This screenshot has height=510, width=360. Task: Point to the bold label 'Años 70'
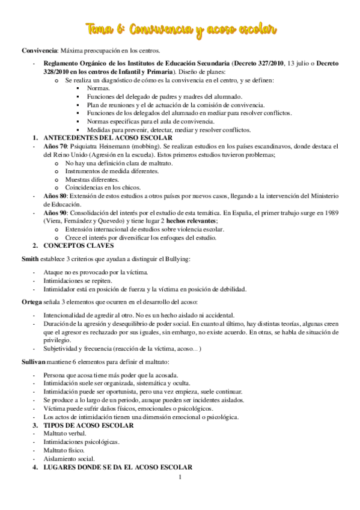point(55,146)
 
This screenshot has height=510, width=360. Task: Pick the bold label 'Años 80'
point(55,196)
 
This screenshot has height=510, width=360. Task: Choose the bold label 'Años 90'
point(55,213)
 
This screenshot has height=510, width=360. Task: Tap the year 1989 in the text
point(330,213)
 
